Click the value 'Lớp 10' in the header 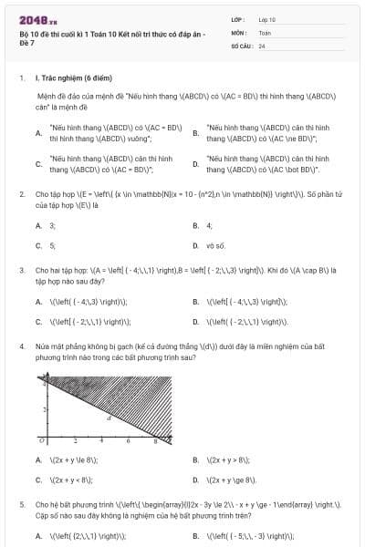(267, 19)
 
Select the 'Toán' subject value (265, 32)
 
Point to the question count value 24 (262, 45)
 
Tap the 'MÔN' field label (239, 32)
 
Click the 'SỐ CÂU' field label (242, 45)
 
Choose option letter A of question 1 (38, 133)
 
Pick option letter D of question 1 (196, 165)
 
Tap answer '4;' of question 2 (210, 224)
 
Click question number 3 (22, 270)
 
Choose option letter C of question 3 (38, 322)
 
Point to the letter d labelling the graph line (109, 418)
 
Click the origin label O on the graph (40, 443)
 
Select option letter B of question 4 (196, 459)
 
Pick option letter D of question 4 (196, 480)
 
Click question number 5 (22, 503)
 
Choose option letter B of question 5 (196, 536)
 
